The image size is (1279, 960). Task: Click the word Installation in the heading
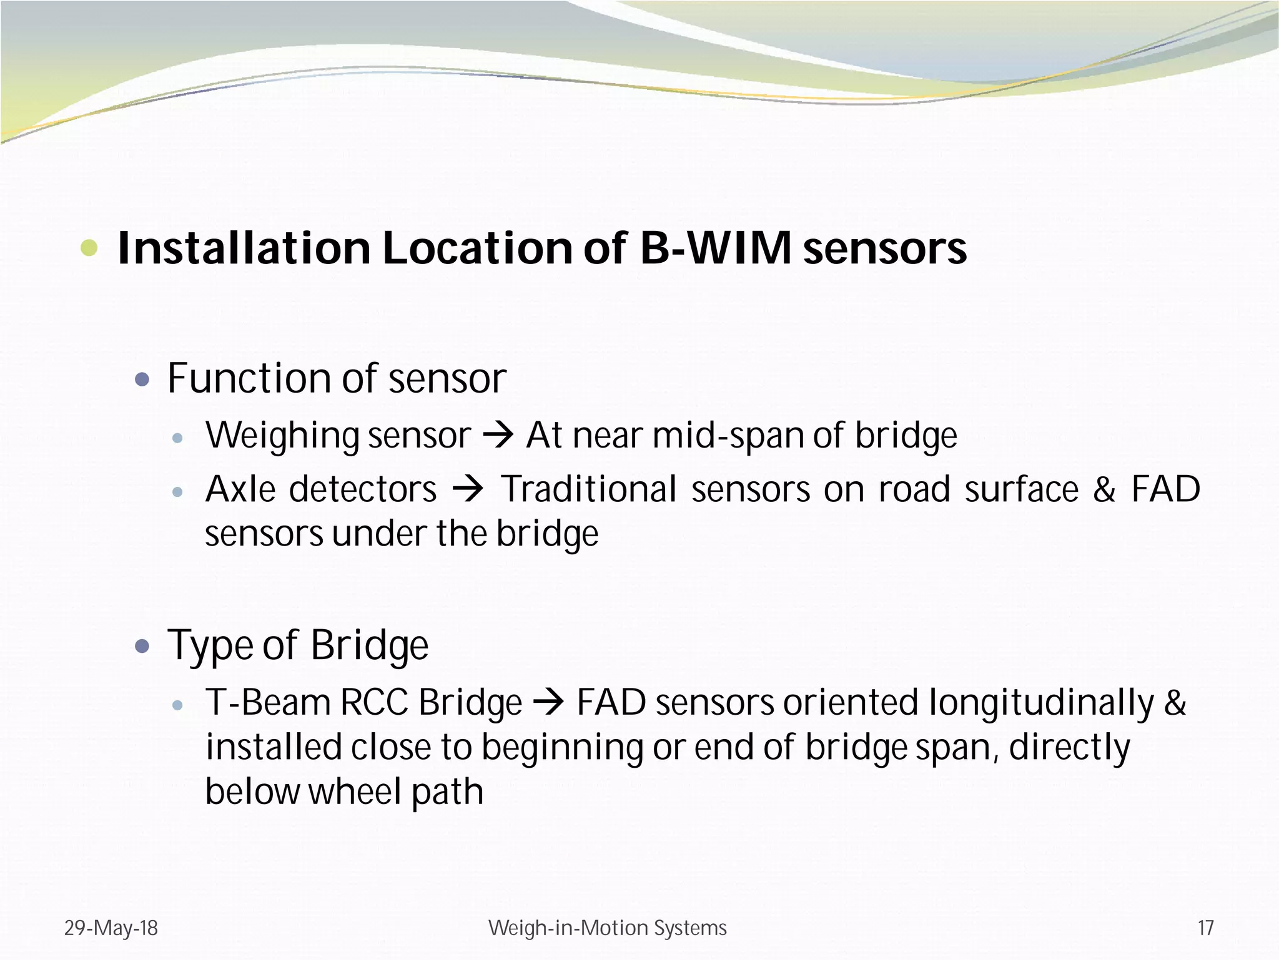(x=244, y=248)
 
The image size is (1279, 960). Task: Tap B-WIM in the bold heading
(x=716, y=248)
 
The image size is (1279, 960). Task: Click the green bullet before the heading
(x=89, y=248)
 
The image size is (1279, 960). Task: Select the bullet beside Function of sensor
(x=142, y=379)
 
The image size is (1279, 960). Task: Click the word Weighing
(x=282, y=436)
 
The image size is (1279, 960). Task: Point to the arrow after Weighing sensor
(x=498, y=435)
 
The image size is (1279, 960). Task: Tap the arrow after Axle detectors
(x=468, y=489)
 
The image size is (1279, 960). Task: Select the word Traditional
(x=589, y=489)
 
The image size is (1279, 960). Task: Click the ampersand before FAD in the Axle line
(x=1104, y=489)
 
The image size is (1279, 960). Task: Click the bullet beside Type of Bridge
(x=142, y=645)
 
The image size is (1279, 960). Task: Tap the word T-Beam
(x=267, y=702)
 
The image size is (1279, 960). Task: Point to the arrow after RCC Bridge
(x=548, y=703)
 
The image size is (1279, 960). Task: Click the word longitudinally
(x=1041, y=703)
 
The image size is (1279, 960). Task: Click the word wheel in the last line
(x=354, y=792)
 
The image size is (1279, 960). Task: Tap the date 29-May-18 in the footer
(x=111, y=928)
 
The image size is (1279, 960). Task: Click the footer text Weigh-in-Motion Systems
(x=607, y=928)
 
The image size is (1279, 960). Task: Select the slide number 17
(x=1205, y=928)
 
